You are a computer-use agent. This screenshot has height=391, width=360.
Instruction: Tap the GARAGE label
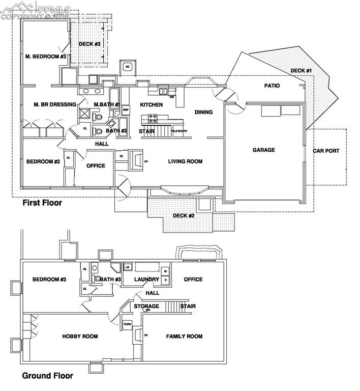263,150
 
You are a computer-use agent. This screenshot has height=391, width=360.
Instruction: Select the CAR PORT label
326,151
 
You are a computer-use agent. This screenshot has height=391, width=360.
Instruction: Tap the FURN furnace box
127,324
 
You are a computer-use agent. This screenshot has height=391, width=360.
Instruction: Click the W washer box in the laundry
165,271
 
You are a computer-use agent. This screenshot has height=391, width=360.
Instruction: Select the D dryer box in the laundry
165,280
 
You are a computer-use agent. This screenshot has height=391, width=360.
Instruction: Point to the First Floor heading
42,203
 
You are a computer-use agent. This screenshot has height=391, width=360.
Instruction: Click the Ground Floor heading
47,376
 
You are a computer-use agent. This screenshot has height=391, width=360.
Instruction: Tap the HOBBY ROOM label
80,336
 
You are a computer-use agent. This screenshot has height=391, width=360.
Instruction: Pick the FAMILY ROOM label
184,336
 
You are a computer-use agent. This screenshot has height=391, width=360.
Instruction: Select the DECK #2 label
184,216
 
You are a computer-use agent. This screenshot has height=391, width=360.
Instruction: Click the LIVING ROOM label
185,161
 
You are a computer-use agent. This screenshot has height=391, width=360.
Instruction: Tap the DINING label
203,112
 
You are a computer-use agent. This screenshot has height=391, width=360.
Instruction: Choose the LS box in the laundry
127,267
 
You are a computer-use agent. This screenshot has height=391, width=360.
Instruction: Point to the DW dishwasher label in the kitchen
172,97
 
